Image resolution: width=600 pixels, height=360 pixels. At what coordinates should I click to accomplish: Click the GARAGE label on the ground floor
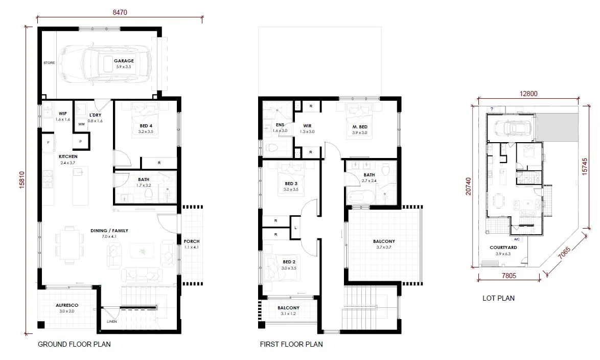(124, 61)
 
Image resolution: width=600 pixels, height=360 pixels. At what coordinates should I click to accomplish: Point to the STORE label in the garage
(49, 63)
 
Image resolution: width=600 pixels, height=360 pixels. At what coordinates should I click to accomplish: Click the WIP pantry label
(63, 114)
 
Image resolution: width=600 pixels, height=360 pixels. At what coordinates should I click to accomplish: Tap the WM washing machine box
(81, 124)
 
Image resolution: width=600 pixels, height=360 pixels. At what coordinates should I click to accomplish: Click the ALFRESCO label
(66, 306)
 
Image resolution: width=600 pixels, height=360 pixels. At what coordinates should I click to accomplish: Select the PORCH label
(192, 241)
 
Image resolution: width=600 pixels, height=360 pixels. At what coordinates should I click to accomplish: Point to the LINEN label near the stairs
(112, 322)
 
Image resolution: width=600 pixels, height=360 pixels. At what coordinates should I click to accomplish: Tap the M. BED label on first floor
(360, 126)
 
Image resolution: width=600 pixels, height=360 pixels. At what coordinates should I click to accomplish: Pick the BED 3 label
(291, 184)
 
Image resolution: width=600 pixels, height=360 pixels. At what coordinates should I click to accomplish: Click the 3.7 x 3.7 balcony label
(383, 247)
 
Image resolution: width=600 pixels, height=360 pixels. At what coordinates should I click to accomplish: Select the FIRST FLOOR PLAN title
(291, 344)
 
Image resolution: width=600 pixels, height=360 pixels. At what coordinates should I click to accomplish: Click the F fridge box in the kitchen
(48, 143)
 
